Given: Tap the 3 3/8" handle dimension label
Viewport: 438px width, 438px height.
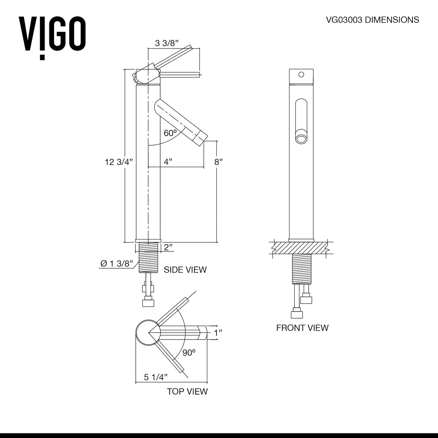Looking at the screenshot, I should [x=166, y=43].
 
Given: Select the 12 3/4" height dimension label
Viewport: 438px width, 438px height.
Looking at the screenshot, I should [x=119, y=162].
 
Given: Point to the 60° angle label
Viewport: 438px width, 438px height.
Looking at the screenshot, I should [x=170, y=133].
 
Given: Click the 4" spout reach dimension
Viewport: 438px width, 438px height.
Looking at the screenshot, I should [x=168, y=161].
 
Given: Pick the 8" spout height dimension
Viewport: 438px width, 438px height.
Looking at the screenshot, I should [x=218, y=162].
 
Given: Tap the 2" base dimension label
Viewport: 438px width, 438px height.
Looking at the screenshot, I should [x=168, y=247].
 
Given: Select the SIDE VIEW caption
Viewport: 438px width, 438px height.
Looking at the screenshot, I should [x=185, y=270].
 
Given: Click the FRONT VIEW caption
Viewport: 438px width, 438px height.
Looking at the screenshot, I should [x=302, y=328].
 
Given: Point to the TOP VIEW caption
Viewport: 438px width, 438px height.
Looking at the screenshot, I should [x=187, y=392].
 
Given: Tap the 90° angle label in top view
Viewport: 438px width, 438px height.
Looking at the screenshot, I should [x=189, y=353].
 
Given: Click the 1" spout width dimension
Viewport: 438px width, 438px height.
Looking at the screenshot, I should [x=218, y=333].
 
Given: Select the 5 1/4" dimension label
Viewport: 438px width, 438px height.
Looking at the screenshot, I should [x=155, y=377].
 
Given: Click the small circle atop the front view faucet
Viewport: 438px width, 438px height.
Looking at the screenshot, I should [x=301, y=74].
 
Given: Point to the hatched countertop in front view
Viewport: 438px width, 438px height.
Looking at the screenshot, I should [x=301, y=249].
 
